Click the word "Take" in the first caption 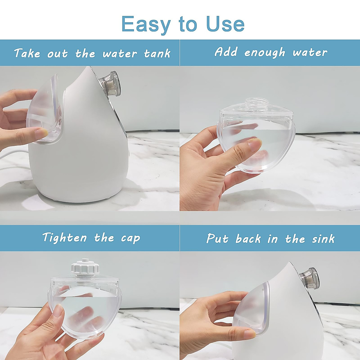(27, 54)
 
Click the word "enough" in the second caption (264, 52)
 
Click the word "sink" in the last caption (323, 239)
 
